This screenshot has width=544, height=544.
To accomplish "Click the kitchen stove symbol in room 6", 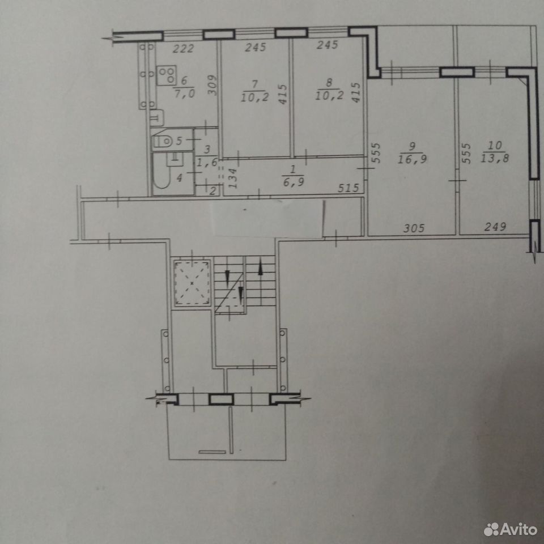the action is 167,75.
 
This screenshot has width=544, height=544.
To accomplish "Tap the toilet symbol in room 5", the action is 163,142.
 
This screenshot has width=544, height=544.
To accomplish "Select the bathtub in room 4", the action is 161,175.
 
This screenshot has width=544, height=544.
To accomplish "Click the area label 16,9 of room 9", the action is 412,159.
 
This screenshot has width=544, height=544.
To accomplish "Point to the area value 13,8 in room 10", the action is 495,158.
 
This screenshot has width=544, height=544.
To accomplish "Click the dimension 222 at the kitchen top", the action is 183,49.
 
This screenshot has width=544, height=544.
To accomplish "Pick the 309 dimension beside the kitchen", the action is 212,86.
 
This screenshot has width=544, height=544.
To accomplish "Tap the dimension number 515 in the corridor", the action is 348,188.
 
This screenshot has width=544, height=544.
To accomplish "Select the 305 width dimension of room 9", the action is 414,228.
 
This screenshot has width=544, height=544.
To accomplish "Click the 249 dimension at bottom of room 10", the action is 495,227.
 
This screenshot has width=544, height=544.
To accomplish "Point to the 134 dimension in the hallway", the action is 233,178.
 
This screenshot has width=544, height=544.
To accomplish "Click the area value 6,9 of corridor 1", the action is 294,182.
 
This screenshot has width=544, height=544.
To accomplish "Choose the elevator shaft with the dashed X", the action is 192,283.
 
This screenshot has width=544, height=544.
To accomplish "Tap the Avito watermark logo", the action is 510,529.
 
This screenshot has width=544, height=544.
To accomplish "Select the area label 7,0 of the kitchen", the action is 185,93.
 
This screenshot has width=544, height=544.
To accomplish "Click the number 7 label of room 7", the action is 254,84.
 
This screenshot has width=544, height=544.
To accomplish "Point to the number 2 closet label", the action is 212,190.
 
